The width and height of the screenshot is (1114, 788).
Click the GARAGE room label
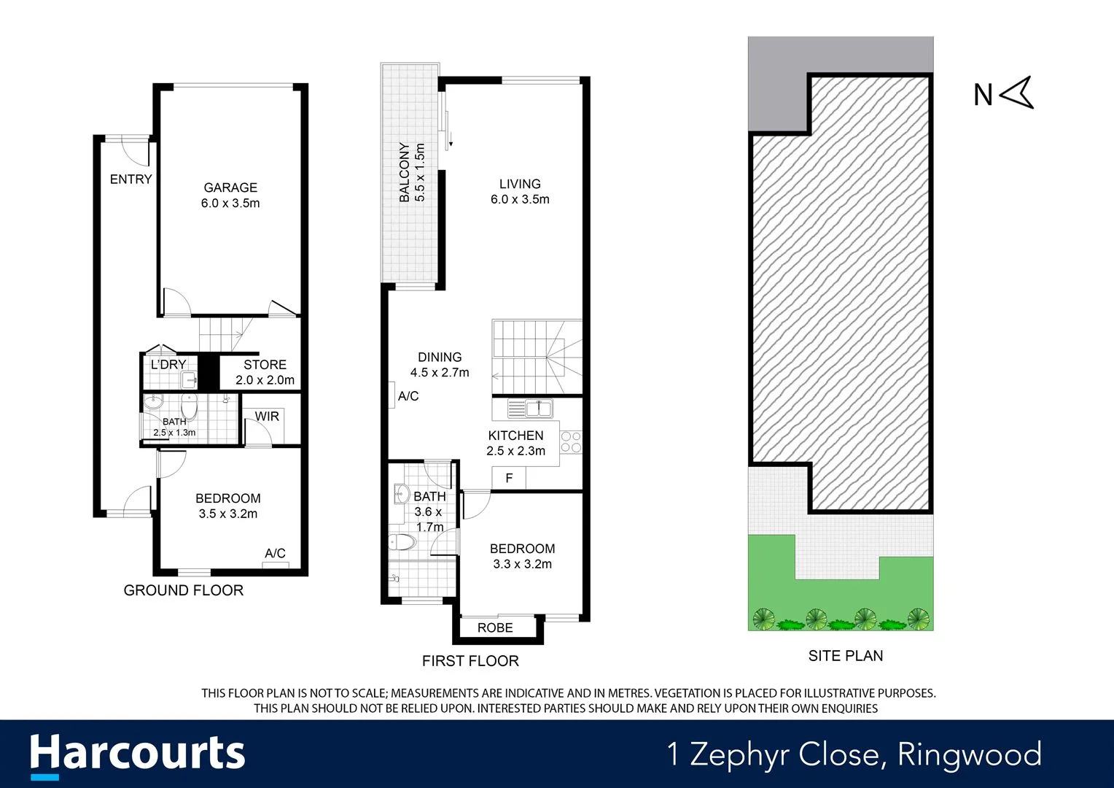coord(230,188)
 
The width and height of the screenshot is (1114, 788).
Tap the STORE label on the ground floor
coord(265,365)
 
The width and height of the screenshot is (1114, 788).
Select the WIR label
coord(267,417)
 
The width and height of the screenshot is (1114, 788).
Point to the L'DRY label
coord(168,365)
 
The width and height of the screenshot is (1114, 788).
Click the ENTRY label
coord(131,179)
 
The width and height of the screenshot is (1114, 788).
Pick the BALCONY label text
coord(405,172)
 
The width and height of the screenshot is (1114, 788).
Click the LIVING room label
coord(520,184)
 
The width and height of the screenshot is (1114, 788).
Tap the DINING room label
coord(440,357)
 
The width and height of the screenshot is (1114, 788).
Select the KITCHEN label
coord(515,436)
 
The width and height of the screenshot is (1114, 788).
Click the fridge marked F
coord(509,478)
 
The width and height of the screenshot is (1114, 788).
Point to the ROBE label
coord(495,628)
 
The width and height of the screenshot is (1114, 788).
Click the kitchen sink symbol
coord(531,408)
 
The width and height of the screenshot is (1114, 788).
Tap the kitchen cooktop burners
coord(571,442)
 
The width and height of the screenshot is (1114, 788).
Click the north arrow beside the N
coord(1017,93)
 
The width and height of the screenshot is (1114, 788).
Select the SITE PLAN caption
coord(846,656)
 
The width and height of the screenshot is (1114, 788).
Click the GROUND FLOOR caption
coord(184,590)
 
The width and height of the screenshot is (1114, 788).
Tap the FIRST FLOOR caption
coord(470,661)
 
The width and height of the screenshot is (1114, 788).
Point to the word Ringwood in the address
coord(970,754)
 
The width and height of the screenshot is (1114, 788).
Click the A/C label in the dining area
coord(408,396)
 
